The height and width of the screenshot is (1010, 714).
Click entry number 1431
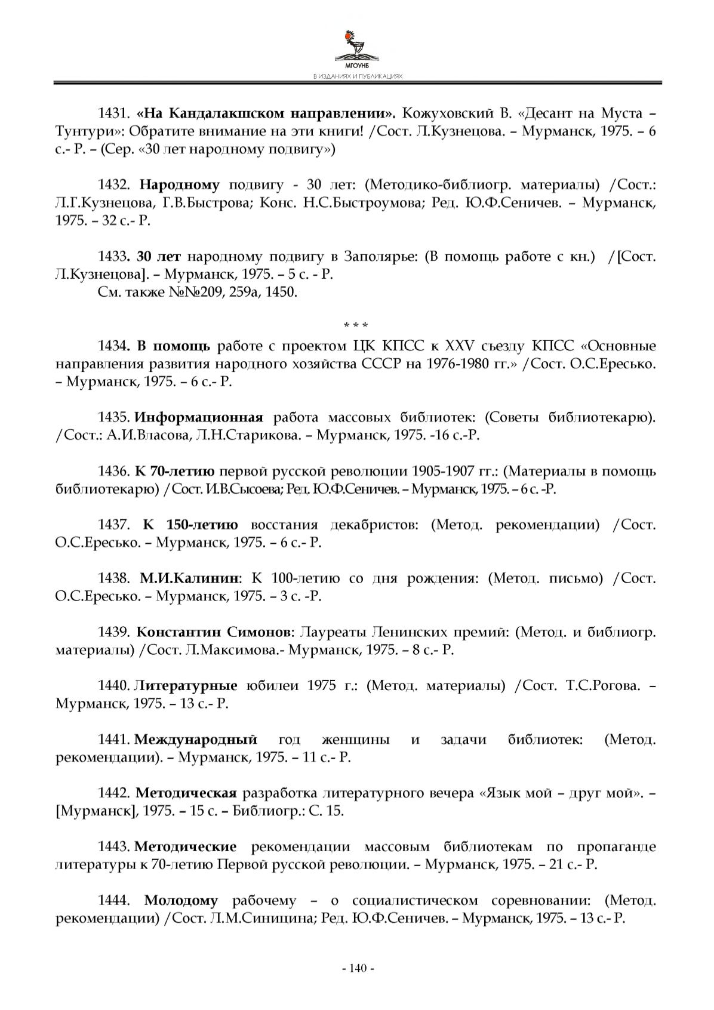point(113,113)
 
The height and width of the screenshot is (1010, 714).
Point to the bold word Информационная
point(199,417)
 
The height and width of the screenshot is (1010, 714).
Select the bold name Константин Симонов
point(213,632)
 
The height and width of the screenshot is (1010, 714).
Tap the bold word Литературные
point(186,686)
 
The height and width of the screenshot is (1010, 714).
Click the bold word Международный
point(196,740)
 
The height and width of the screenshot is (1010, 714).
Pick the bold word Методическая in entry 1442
point(186,794)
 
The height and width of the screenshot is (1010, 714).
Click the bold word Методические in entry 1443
point(186,847)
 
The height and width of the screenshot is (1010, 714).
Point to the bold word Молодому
point(181,901)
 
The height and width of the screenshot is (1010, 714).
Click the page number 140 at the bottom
point(357,968)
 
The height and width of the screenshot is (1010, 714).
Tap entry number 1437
point(113,525)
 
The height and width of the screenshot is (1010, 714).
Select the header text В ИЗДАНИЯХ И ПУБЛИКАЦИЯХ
point(357,77)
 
